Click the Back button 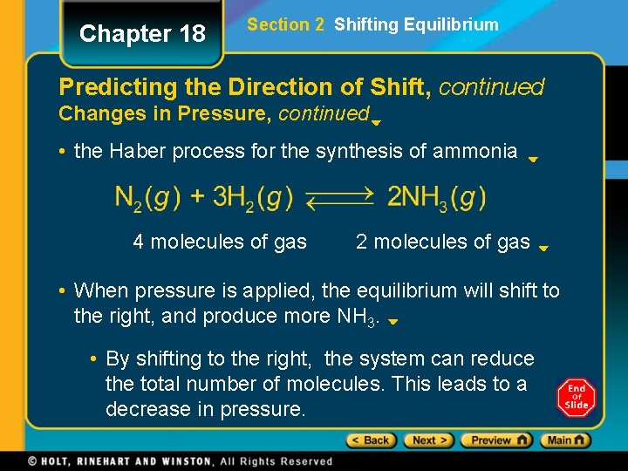(x=371, y=440)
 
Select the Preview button (x=496, y=440)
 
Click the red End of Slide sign (x=576, y=398)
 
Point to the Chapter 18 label (x=142, y=34)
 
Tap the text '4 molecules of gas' (x=220, y=242)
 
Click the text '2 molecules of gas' (x=442, y=242)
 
